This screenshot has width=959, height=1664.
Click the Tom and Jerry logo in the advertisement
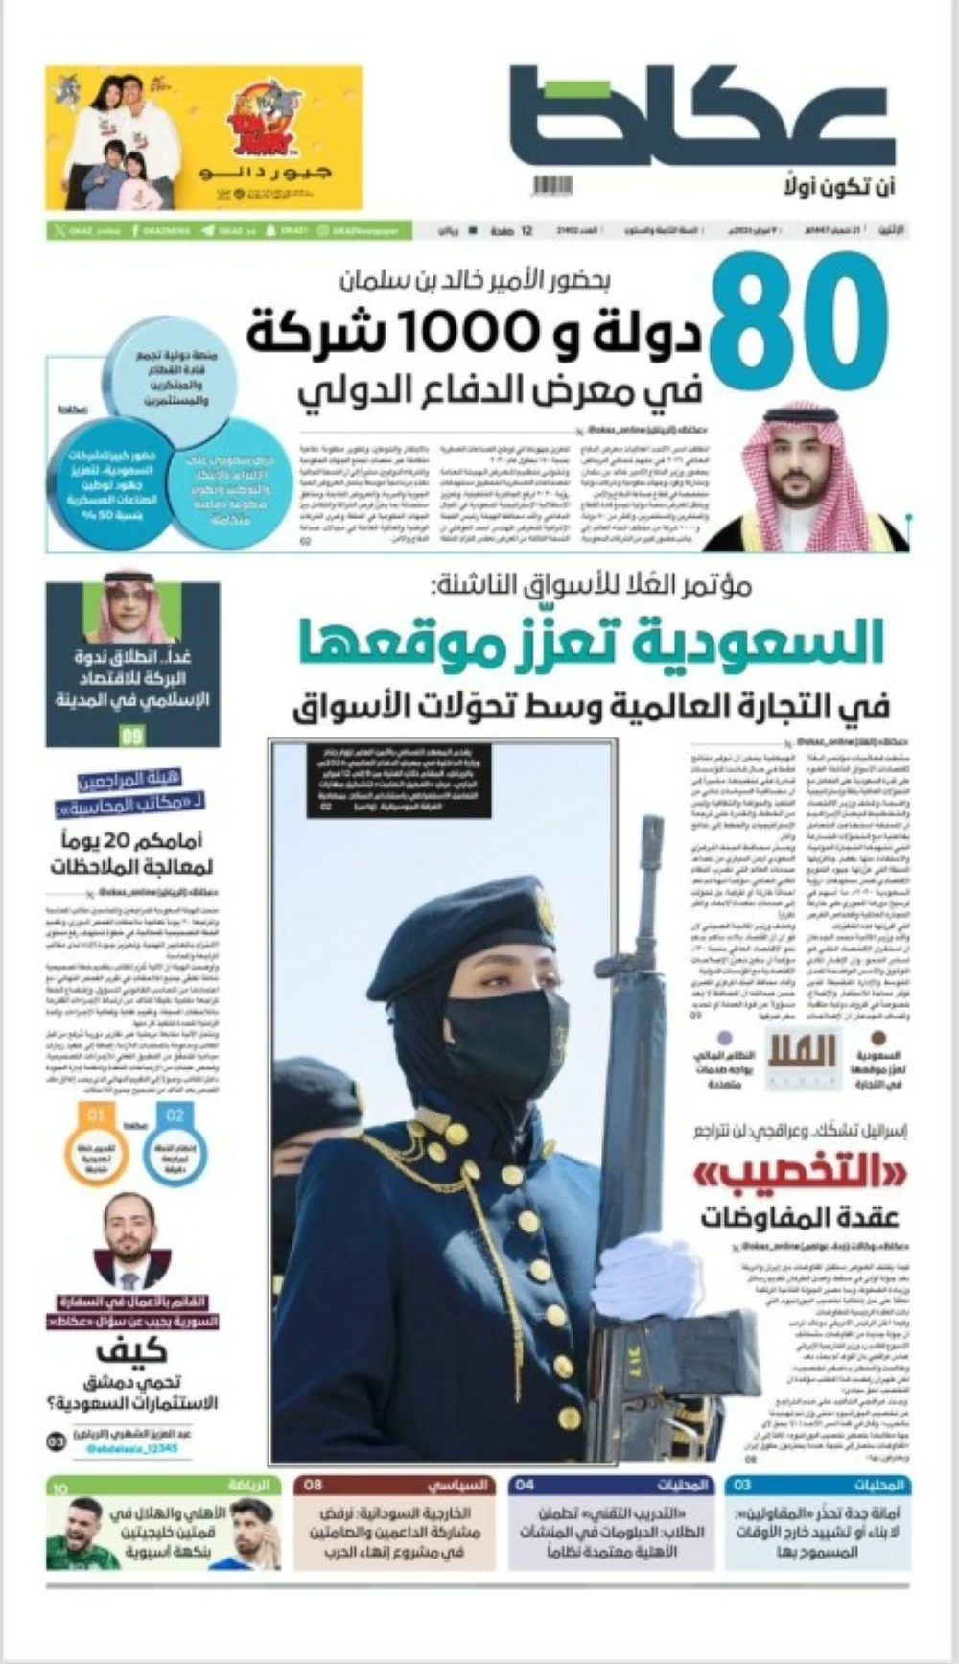pos(262,119)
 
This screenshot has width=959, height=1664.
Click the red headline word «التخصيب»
pos(796,1174)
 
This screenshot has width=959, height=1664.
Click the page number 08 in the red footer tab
pos(314,1486)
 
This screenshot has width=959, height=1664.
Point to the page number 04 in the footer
pos(525,1486)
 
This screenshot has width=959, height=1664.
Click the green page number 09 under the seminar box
pos(132,737)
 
